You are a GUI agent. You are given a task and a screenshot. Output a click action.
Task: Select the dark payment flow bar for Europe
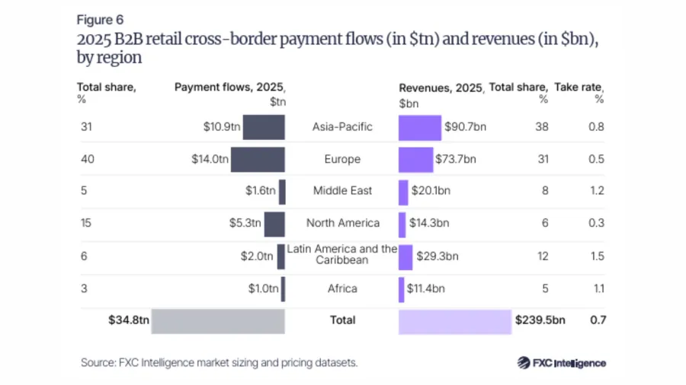[258, 159]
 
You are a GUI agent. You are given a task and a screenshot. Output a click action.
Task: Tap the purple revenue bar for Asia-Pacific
[420, 126]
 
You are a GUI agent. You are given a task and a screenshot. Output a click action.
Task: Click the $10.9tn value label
[216, 126]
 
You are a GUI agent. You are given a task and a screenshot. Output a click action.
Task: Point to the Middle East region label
[342, 190]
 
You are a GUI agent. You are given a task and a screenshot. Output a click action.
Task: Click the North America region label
[342, 223]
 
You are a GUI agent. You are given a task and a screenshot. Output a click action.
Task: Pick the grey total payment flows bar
[218, 321]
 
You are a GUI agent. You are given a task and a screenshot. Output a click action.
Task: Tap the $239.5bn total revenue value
[540, 320]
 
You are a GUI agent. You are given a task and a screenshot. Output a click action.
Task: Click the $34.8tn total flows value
[128, 320]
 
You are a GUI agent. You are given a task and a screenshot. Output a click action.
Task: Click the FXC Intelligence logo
[562, 363]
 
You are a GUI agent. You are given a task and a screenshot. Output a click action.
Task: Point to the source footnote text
[219, 363]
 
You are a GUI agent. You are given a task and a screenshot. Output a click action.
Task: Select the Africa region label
[342, 288]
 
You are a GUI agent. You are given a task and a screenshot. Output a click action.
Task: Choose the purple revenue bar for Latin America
[406, 256]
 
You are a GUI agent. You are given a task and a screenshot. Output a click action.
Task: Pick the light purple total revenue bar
[454, 321]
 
